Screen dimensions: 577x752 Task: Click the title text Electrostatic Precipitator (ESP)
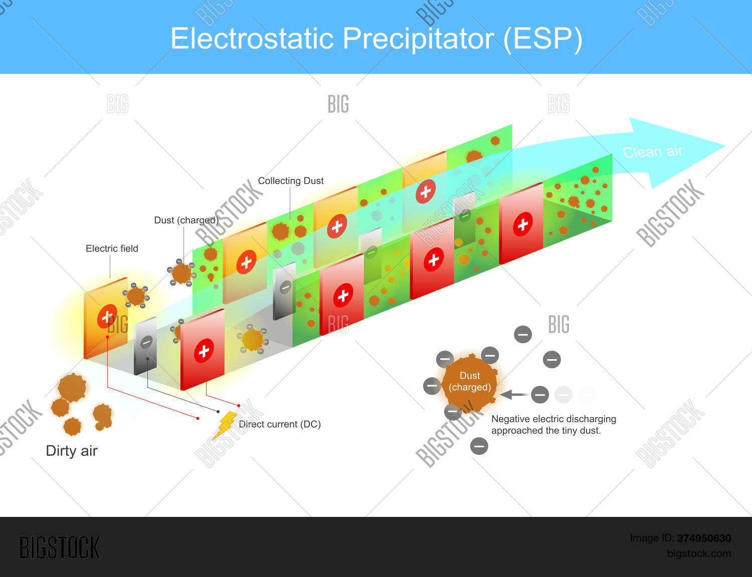(x=376, y=39)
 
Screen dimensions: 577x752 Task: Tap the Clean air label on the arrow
(x=652, y=151)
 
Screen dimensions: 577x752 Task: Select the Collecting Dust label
(x=290, y=181)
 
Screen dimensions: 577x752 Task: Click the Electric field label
(x=112, y=248)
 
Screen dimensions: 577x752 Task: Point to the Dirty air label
(x=72, y=451)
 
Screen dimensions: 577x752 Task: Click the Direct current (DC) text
(x=279, y=424)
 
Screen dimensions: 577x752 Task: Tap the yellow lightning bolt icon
(x=226, y=425)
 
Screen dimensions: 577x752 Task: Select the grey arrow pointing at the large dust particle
(x=513, y=395)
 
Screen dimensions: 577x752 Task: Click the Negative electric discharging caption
(x=553, y=425)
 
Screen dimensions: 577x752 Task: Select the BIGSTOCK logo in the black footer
(x=60, y=547)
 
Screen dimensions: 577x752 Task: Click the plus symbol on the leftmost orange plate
(x=107, y=317)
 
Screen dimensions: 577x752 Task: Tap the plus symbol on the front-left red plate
(x=204, y=351)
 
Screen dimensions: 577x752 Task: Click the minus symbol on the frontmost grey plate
(x=146, y=343)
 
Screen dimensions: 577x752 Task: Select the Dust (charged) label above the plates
(x=186, y=220)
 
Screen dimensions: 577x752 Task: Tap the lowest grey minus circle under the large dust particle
(x=479, y=446)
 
